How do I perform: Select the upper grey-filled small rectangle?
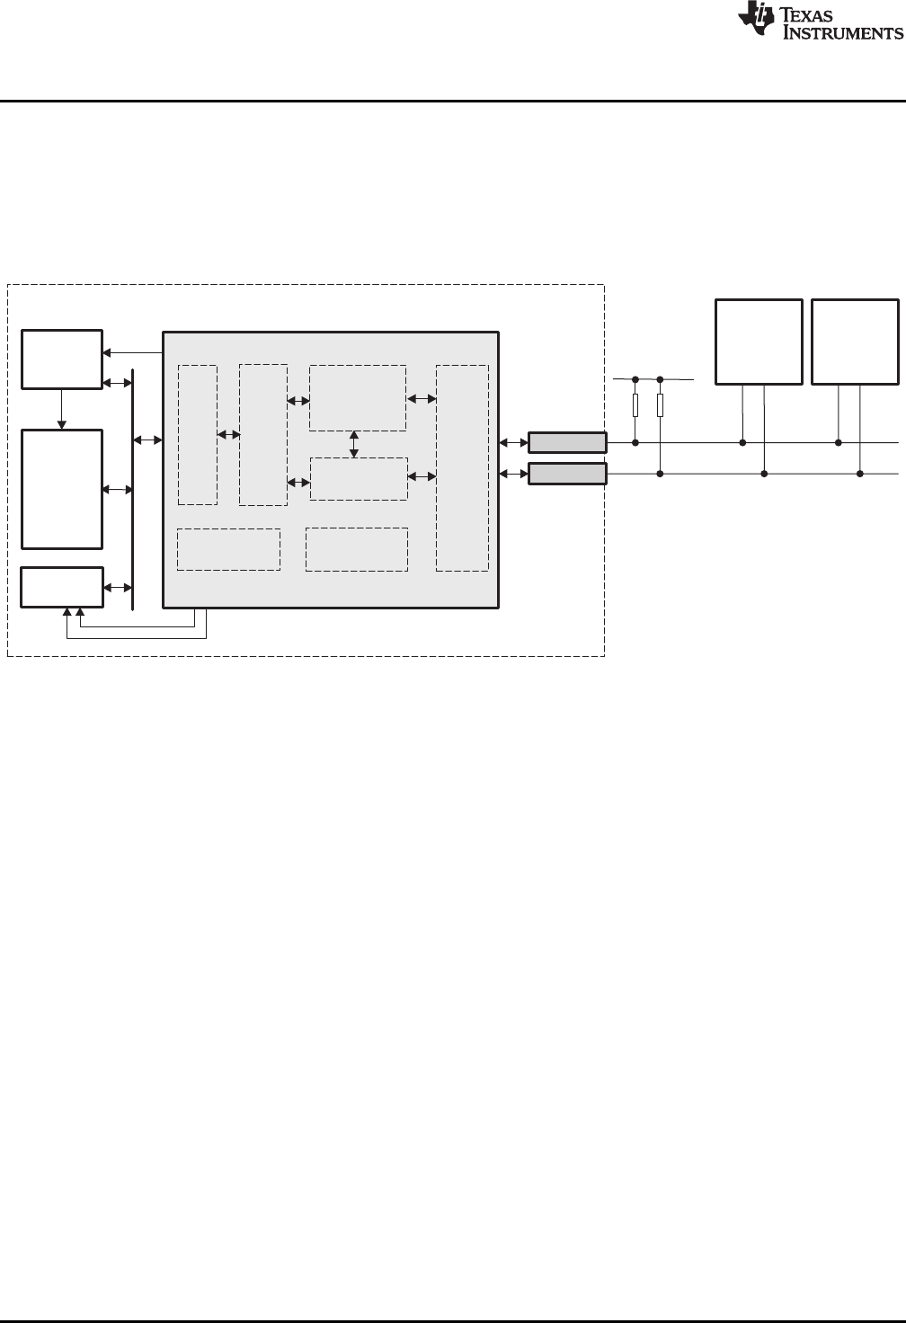567,442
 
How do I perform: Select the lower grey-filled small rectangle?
567,474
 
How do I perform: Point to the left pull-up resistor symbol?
635,405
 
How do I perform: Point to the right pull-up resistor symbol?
660,405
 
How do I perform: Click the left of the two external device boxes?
759,342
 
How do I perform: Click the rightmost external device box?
855,342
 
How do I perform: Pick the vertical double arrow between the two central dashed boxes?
354,444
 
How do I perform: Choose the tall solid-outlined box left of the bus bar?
62,489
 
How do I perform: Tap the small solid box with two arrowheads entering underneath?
62,587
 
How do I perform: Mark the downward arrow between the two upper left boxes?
62,409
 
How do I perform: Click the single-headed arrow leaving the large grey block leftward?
133,351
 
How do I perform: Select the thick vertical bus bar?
133,489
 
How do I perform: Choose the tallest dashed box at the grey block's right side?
462,467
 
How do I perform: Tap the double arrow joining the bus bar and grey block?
148,440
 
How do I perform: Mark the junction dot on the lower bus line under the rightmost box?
860,474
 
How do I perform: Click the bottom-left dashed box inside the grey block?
228,549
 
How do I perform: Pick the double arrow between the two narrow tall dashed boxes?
228,435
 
